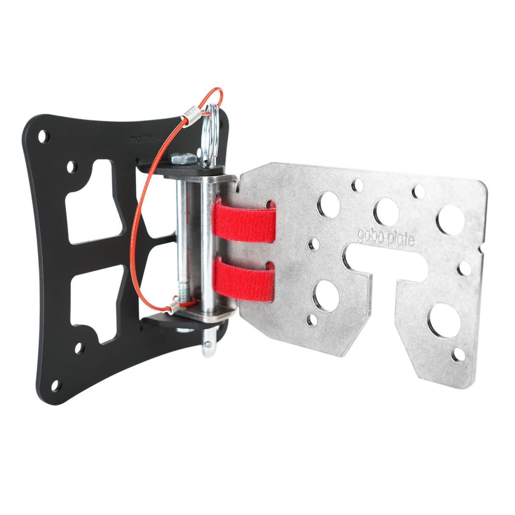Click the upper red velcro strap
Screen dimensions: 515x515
244,221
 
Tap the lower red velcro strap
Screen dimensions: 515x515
244,280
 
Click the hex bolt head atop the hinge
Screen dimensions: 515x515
183,159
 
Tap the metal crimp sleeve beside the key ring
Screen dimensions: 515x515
191,115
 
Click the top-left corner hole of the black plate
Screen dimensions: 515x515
43,136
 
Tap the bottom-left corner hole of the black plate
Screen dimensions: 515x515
55,385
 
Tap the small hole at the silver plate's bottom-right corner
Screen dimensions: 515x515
458,355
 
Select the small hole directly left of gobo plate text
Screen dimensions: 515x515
314,244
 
